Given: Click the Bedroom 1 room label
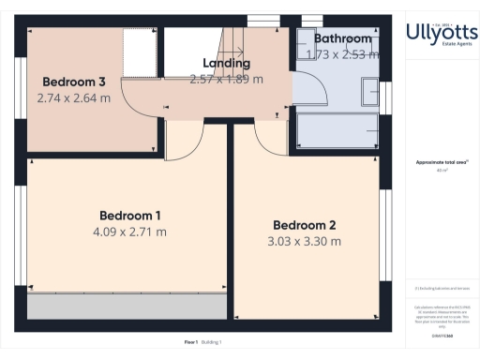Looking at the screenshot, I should click(129, 215).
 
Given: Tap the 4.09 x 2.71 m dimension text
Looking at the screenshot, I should click(129, 232).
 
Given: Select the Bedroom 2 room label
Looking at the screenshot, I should click(306, 225).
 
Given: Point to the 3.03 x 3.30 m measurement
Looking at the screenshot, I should click(306, 242).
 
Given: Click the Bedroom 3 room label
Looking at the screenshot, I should click(73, 80).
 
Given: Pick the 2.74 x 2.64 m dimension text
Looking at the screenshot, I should click(73, 97).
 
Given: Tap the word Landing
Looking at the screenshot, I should click(226, 64).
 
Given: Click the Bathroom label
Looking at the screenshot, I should click(343, 38).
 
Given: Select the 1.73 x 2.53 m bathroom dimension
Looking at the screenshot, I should click(343, 54).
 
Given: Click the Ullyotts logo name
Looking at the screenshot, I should click(442, 33).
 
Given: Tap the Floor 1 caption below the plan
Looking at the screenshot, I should click(190, 343).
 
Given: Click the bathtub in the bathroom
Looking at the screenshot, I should click(337, 133).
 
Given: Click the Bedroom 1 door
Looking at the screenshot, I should click(187, 141).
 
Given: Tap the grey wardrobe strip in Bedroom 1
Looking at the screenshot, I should click(127, 307).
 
